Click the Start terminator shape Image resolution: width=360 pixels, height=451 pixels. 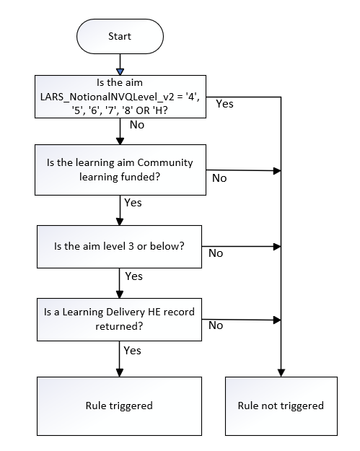[120, 35]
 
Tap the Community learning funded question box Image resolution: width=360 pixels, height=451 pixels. [120, 169]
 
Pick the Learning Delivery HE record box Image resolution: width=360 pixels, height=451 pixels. [120, 318]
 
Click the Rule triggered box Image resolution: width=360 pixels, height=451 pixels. [120, 405]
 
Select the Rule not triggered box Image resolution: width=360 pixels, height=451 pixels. [280, 405]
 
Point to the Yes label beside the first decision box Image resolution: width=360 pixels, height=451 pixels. [225, 104]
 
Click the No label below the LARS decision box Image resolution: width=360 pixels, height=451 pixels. [137, 124]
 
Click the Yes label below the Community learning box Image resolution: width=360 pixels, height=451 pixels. [134, 203]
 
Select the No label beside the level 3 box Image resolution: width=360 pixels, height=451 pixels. [215, 253]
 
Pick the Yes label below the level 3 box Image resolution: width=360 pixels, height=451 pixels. [134, 276]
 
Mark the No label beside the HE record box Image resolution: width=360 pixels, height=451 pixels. [215, 325]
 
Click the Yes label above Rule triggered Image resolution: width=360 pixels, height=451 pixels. [134, 351]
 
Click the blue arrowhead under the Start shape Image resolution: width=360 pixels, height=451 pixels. [120, 70]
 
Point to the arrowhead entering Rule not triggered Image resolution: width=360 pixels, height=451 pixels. [280, 371]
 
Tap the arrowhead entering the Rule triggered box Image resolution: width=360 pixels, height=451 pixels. [120, 371]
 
